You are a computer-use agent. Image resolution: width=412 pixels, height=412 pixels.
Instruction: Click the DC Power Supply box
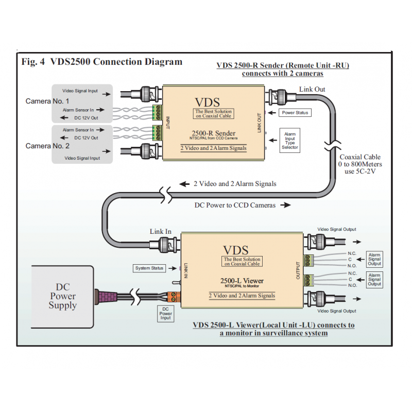62,297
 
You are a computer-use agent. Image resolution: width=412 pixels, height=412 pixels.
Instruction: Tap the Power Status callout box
295,112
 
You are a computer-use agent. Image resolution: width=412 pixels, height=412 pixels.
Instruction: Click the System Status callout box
149,268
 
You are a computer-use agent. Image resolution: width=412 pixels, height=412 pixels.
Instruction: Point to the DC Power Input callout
165,313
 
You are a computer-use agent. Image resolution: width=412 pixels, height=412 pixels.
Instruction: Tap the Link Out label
312,89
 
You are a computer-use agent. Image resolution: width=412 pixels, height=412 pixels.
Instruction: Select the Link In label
160,231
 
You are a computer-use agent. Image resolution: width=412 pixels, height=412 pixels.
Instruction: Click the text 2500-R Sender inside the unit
213,133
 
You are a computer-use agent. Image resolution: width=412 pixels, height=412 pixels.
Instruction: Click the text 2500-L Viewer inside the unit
242,281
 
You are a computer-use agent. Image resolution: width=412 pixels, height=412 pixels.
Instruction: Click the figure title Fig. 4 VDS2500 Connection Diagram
102,62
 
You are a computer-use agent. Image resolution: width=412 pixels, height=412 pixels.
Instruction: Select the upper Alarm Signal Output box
374,259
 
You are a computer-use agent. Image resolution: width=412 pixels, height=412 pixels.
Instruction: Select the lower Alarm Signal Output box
374,280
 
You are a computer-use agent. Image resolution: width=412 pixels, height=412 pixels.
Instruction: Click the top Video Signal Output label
336,229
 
